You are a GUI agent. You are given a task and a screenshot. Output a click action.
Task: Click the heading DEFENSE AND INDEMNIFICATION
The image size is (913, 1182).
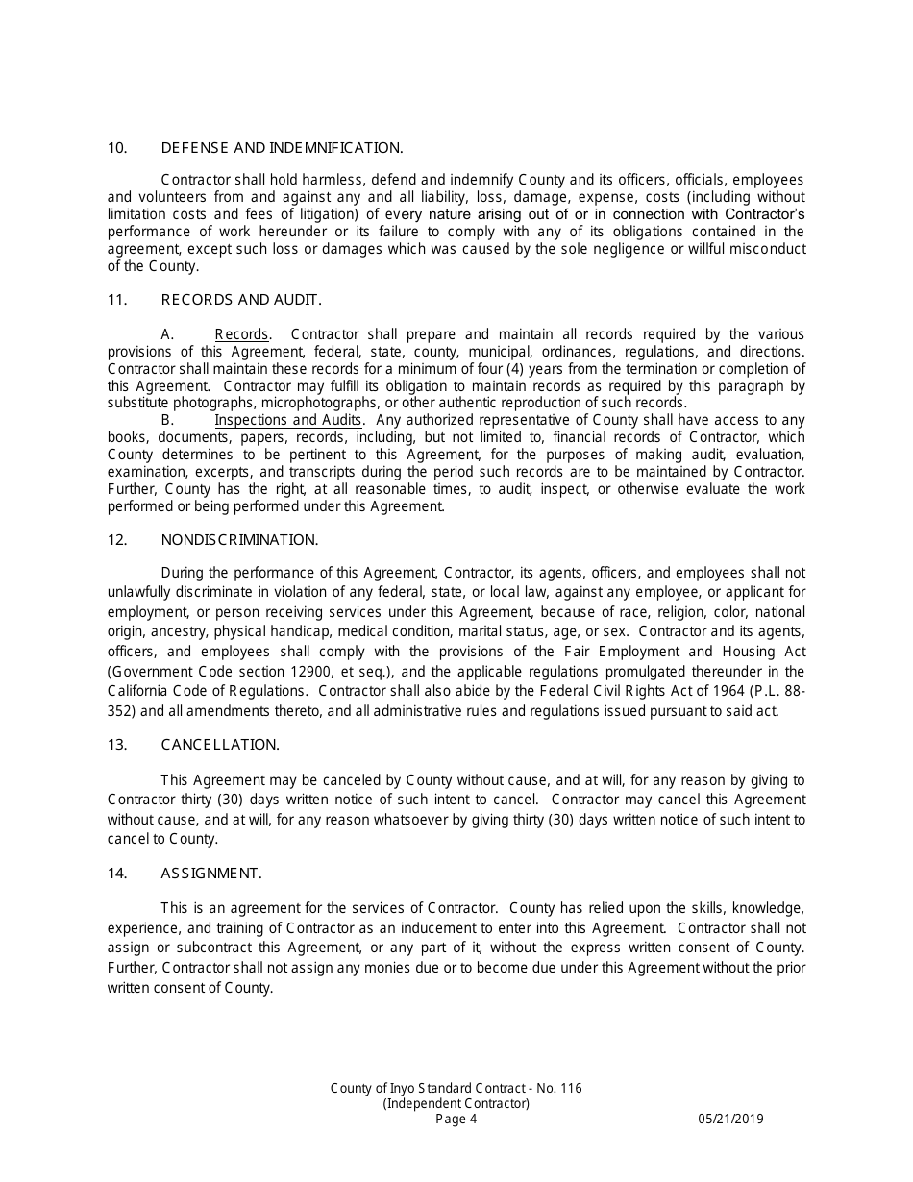click(282, 148)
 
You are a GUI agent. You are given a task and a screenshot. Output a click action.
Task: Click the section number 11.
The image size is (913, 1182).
click(117, 300)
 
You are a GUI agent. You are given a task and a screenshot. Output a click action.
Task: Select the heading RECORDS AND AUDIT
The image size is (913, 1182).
click(241, 300)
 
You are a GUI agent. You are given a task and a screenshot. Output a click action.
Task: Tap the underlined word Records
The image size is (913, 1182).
click(241, 334)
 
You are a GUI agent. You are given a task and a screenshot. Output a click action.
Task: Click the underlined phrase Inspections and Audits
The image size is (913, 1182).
click(288, 420)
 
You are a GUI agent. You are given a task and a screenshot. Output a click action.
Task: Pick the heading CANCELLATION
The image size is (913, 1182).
click(220, 745)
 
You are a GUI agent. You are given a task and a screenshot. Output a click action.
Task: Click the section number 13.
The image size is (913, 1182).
click(117, 745)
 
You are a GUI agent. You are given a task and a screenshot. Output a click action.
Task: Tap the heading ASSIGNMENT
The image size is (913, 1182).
click(211, 874)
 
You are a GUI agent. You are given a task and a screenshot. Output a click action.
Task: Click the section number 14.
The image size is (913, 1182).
click(117, 874)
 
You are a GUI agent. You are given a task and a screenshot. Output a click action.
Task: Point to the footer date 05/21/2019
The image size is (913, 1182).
click(731, 1119)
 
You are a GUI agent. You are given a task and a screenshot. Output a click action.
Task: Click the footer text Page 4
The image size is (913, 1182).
click(456, 1119)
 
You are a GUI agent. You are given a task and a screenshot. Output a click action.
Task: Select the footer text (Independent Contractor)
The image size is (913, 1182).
click(456, 1103)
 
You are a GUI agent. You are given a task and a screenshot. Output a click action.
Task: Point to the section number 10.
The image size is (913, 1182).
click(117, 148)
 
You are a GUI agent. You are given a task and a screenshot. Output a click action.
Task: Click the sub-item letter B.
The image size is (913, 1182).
click(167, 420)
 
